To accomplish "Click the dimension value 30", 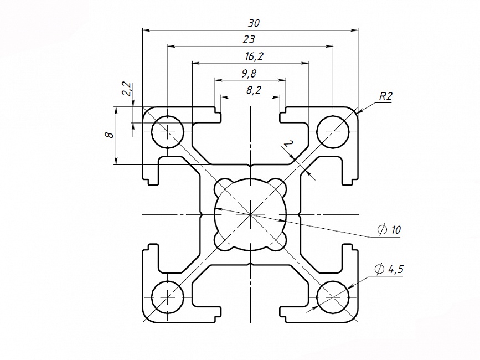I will coord(254,23).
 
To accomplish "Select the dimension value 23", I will coord(249,40).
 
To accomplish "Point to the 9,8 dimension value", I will coord(249,73).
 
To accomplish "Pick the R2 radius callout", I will coord(385,96).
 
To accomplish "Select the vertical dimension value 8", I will coord(110,135).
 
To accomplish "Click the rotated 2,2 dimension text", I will coord(126,89).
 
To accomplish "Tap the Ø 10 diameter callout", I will coord(389,230).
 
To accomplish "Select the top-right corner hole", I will coord(333,132).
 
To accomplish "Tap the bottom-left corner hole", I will coord(167,297).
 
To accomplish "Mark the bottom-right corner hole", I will coord(333,297).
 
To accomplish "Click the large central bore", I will coord(250,214).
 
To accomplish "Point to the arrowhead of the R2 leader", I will coord(359,112).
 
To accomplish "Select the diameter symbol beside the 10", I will coord(381,230).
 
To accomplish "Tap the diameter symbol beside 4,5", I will coord(379,270).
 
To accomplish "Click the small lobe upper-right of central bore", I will coord(279,187).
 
